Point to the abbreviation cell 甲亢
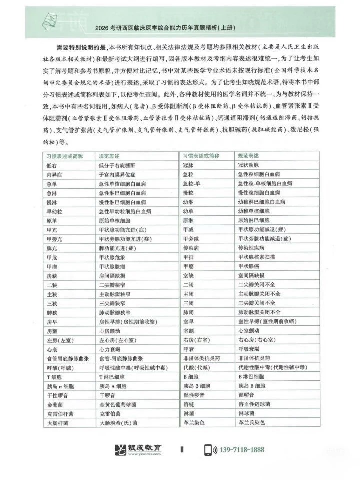52,229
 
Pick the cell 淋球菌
247,413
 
